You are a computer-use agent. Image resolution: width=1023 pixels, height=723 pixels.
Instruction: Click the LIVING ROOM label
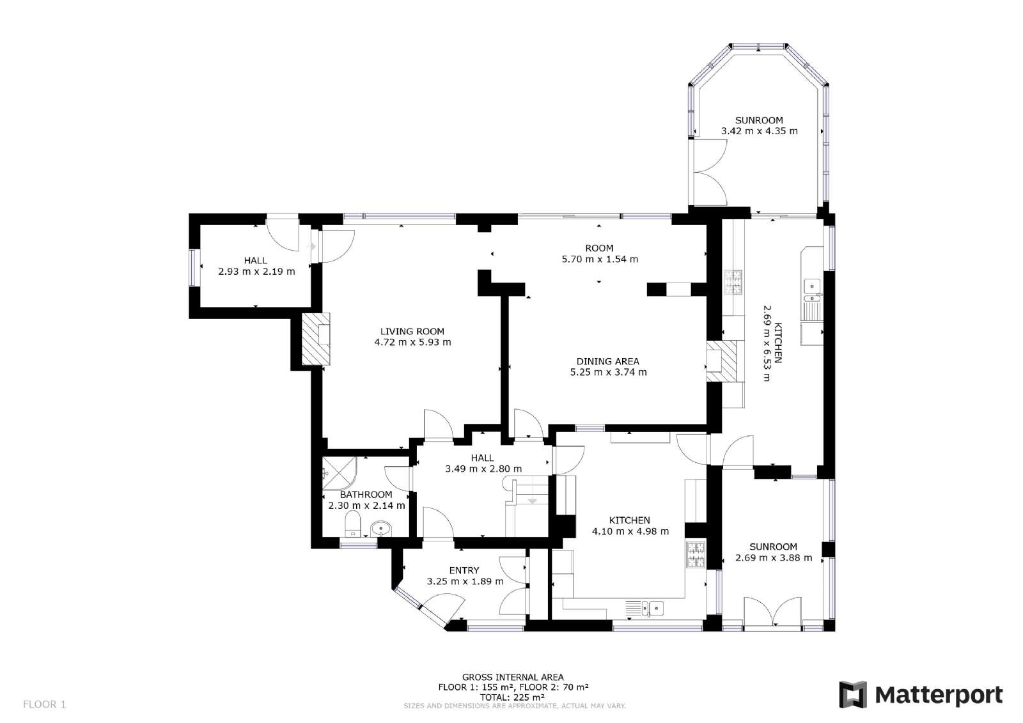coord(412,331)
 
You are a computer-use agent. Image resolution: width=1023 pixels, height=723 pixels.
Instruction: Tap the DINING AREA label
coord(607,361)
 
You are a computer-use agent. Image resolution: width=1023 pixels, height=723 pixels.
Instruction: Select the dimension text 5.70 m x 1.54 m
coord(600,259)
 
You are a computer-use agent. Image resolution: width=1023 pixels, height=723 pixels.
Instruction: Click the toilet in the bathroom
coord(352,524)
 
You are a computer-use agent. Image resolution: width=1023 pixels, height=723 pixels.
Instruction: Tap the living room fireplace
coord(316,338)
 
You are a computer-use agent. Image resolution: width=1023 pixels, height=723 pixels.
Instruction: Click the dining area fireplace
coord(721,361)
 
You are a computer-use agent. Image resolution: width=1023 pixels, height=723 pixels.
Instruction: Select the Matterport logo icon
coord(853,694)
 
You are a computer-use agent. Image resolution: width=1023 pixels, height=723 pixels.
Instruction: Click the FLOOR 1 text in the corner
coord(44,704)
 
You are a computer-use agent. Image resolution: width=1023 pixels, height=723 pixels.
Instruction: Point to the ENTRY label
coord(464,570)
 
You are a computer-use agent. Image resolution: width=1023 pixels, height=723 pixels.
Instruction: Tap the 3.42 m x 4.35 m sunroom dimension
coord(759,131)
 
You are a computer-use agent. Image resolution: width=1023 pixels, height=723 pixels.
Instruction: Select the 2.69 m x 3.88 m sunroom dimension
coord(774,557)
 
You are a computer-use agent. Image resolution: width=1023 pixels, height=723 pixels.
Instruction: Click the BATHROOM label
coord(366,495)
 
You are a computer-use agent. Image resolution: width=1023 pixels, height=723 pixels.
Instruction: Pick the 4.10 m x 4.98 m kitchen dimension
coord(630,531)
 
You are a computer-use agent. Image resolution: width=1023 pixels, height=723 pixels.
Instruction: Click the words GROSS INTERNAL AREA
coord(513,678)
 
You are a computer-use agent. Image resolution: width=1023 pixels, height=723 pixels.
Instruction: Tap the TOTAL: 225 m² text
coord(512,697)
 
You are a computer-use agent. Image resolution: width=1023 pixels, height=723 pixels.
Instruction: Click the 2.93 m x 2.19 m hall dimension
coord(256,271)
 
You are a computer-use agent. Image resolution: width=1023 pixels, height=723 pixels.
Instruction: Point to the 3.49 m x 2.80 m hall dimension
coord(483,469)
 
